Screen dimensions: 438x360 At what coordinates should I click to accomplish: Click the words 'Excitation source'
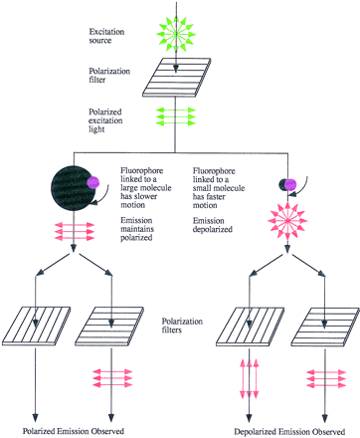[108, 30]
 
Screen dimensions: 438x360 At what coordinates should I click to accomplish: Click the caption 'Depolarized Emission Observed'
[287, 430]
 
